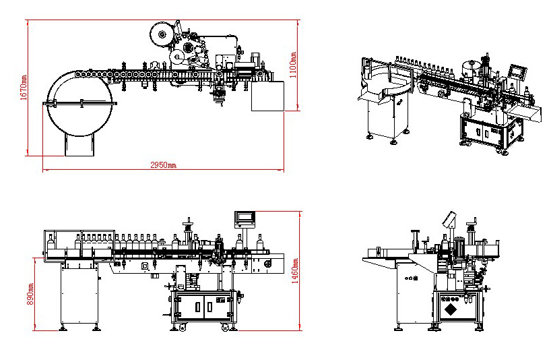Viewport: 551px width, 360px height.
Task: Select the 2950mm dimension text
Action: coord(162,165)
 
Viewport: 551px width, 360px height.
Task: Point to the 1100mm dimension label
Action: coord(294,65)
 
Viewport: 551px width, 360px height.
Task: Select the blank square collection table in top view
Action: coord(268,95)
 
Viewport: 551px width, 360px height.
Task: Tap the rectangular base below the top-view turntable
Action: coord(79,144)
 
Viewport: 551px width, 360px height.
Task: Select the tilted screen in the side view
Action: coord(448,220)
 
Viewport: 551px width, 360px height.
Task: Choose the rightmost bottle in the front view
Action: coord(259,241)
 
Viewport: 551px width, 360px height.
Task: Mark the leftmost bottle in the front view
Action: coord(51,241)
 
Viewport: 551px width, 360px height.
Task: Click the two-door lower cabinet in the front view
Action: coord(203,306)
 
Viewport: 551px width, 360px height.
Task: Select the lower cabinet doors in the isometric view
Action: coord(484,133)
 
